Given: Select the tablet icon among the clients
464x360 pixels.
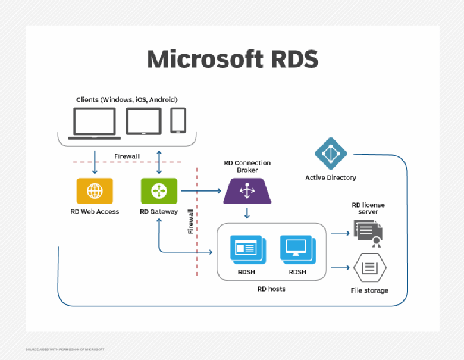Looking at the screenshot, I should pyautogui.click(x=143, y=121).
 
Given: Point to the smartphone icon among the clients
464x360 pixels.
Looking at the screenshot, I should pyautogui.click(x=178, y=121).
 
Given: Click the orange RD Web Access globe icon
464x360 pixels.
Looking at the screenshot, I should pyautogui.click(x=94, y=191).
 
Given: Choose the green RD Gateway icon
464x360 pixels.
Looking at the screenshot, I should pyautogui.click(x=158, y=191).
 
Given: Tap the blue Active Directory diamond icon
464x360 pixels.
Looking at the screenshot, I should pyautogui.click(x=331, y=154).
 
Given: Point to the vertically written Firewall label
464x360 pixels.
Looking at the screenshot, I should pyautogui.click(x=191, y=221).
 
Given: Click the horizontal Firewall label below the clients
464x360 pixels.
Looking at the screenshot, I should pyautogui.click(x=127, y=156).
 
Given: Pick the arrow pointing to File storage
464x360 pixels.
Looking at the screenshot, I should pyautogui.click(x=340, y=268).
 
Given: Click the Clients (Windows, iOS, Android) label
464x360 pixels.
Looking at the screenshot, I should pyautogui.click(x=127, y=99).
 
